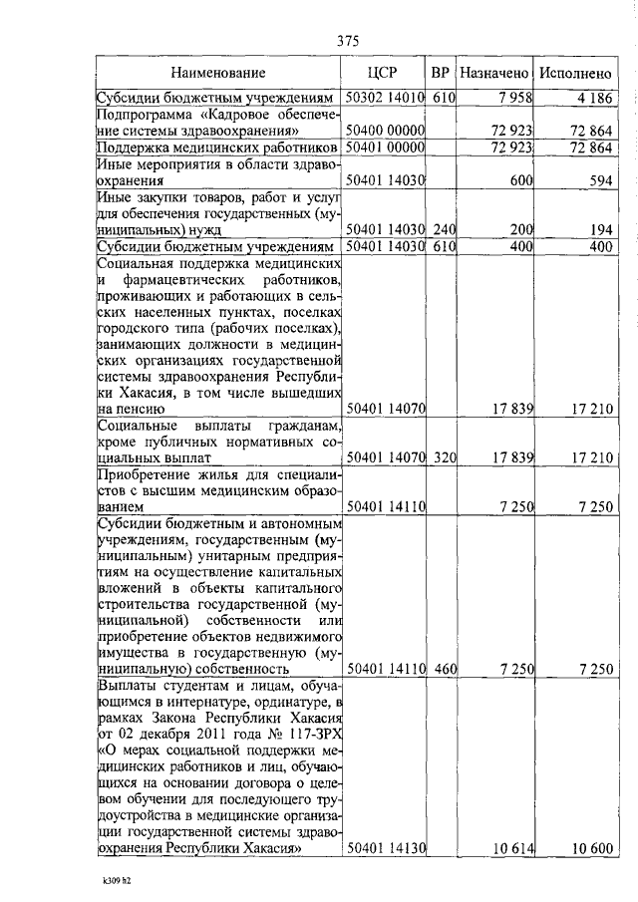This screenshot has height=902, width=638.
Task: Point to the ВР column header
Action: point(440,73)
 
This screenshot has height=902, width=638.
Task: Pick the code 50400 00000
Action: point(384,132)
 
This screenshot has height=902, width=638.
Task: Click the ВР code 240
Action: point(444,229)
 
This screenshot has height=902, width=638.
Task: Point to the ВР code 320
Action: point(444,458)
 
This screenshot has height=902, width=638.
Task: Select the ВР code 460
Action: point(444,670)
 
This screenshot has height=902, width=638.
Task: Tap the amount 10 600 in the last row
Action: point(589,848)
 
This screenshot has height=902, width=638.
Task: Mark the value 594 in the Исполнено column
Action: point(597,181)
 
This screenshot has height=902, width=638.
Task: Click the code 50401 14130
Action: point(384,848)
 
